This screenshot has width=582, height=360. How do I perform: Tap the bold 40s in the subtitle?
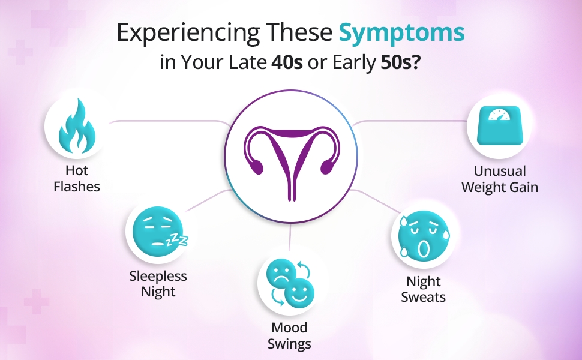point(287,62)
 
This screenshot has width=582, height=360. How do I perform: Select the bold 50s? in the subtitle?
point(400,62)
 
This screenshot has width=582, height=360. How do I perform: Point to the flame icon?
point(77,126)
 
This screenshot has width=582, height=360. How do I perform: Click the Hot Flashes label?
point(77,179)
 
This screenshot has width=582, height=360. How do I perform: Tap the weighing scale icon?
point(499,125)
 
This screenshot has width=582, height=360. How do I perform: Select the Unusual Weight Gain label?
point(500,179)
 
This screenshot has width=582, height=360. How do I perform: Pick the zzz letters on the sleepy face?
point(178,240)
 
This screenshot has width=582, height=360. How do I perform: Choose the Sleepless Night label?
point(158,284)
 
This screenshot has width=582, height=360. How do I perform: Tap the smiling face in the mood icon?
point(299,292)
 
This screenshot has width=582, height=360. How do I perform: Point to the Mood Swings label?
point(290,335)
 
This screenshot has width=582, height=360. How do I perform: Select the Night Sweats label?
point(424,289)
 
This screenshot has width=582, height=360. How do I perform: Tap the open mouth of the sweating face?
point(423,248)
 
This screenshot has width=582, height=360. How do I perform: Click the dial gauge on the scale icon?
point(499,115)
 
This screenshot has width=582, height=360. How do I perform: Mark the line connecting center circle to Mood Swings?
point(290,238)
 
